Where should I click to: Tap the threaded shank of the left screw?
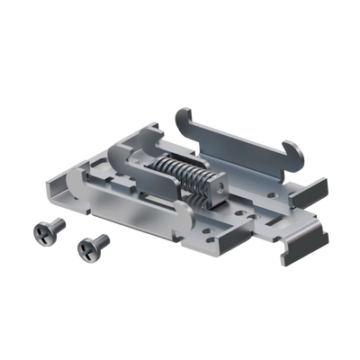click(x=56, y=228)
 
